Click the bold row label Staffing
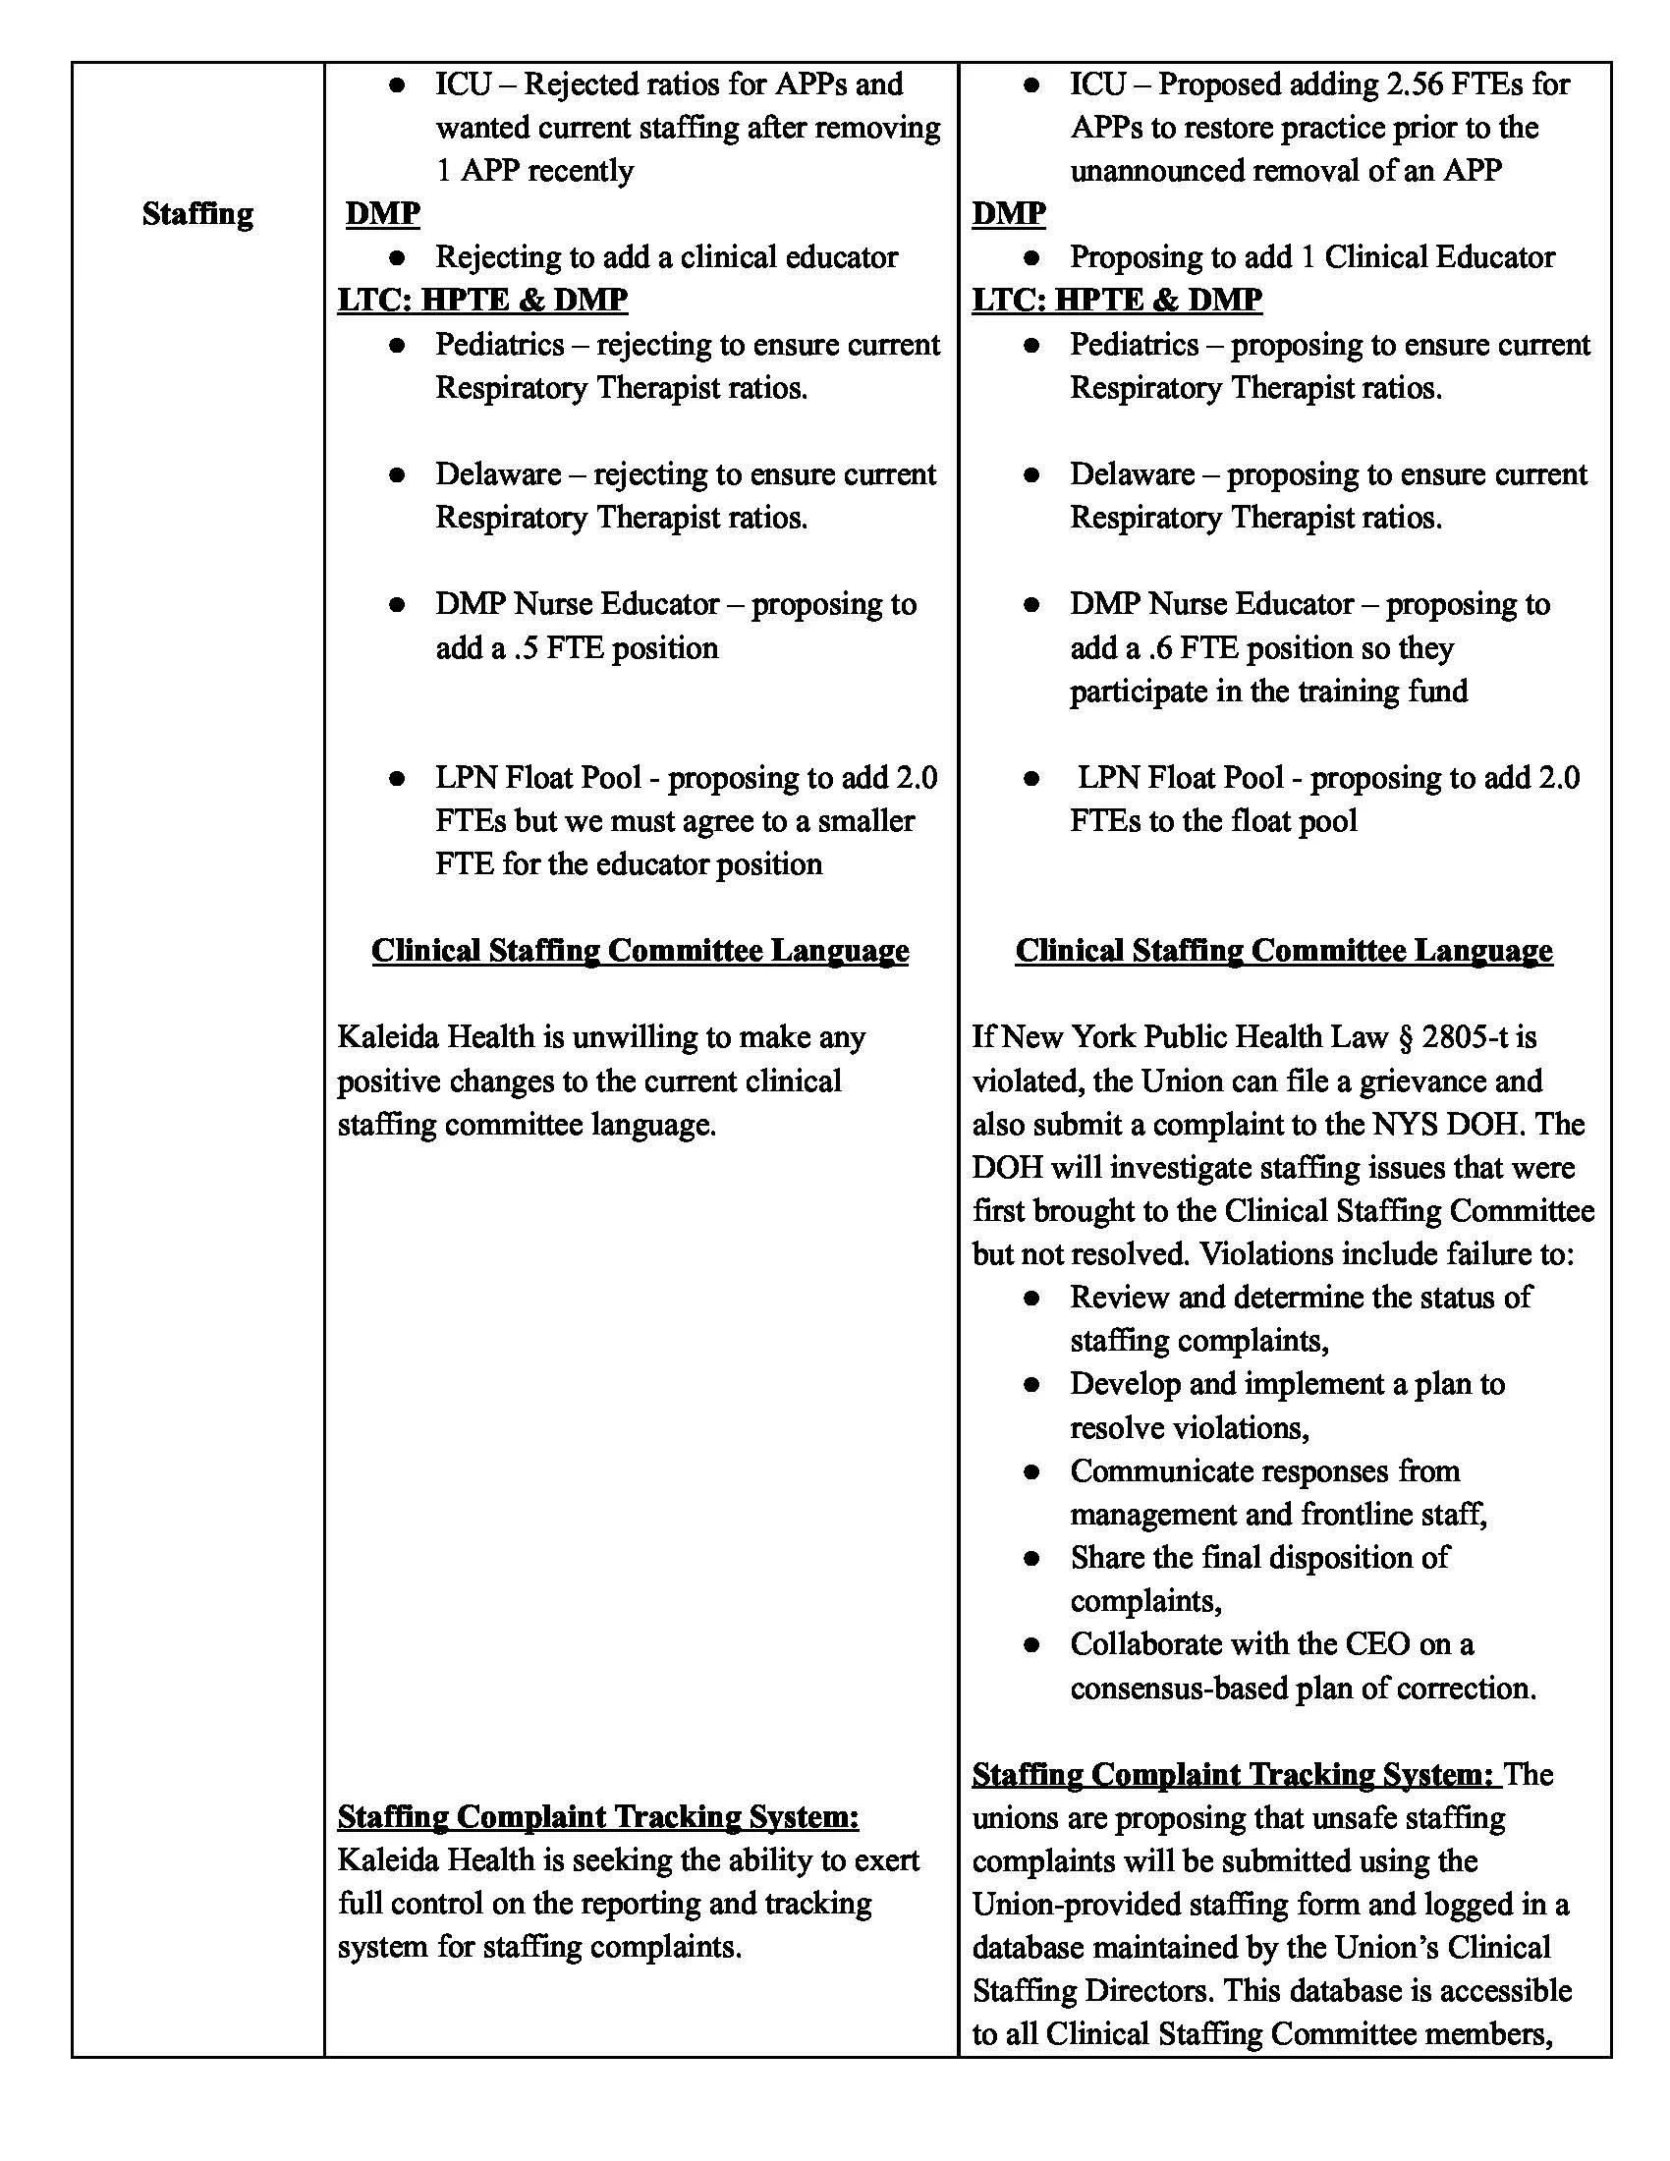click(x=196, y=214)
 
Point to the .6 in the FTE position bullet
click(x=1161, y=648)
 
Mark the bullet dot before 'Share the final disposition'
click(x=1031, y=1559)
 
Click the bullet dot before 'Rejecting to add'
click(x=398, y=257)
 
